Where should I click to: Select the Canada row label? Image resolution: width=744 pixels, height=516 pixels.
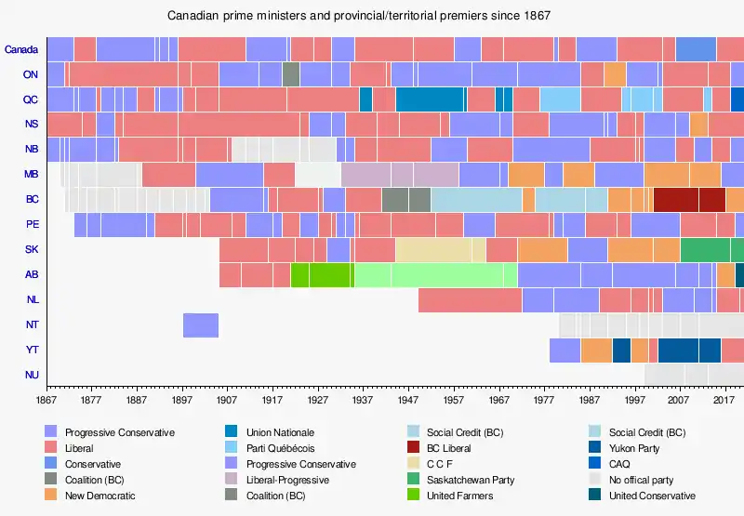(x=21, y=49)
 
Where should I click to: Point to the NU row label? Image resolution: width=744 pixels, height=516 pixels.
(x=31, y=376)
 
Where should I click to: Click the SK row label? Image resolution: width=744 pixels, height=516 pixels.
(x=31, y=250)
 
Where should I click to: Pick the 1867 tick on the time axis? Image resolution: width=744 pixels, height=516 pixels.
(x=46, y=400)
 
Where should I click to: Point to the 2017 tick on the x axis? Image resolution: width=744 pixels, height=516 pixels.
(x=725, y=400)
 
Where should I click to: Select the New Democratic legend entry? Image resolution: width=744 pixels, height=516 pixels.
(x=100, y=496)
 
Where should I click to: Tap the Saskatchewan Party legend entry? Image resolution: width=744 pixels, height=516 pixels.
(x=470, y=480)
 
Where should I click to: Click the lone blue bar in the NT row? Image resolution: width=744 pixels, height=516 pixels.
(x=201, y=325)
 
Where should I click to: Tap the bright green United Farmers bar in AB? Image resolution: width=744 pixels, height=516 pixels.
(x=322, y=275)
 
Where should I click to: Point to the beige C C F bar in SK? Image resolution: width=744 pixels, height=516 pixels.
(x=441, y=250)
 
